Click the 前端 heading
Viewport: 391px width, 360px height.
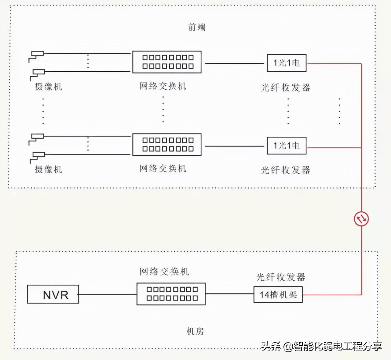197,27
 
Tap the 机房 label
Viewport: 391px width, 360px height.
195,331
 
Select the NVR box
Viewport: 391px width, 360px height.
53,294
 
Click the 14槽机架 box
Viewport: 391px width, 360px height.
278,295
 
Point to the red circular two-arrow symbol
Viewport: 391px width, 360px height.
361,219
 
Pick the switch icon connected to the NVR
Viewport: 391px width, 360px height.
171,294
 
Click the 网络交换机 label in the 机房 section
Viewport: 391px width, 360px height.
164,272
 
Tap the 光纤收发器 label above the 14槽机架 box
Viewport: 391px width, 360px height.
281,277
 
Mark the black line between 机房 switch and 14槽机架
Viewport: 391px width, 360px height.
229,294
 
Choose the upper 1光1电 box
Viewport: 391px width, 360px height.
287,63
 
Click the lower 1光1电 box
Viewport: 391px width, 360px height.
287,146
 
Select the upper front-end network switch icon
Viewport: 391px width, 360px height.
167,62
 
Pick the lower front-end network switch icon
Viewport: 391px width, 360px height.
167,145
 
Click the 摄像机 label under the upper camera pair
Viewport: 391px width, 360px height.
48,87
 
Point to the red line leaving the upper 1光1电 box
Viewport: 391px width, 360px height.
334,64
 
